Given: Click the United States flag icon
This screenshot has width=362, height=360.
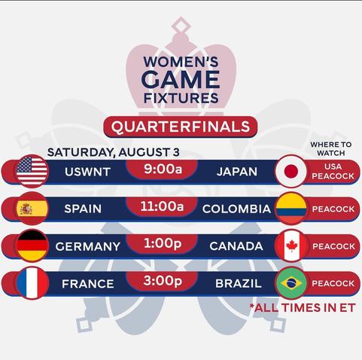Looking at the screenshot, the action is pyautogui.click(x=32, y=171).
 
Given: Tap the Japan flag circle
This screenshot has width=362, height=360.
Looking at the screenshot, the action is pyautogui.click(x=291, y=171).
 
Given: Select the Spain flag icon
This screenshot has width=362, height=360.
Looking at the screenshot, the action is pyautogui.click(x=32, y=209).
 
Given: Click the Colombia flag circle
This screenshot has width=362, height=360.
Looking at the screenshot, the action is pyautogui.click(x=291, y=209).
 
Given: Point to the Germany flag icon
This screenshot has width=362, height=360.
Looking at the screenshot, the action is pyautogui.click(x=32, y=246).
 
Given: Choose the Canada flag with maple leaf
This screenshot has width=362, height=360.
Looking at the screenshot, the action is pyautogui.click(x=291, y=246).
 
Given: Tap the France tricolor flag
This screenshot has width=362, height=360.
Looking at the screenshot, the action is pyautogui.click(x=32, y=283).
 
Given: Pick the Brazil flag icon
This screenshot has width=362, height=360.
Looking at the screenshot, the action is pyautogui.click(x=291, y=283).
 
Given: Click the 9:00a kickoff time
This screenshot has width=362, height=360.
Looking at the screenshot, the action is pyautogui.click(x=163, y=169).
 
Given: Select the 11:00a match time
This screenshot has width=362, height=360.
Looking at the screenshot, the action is pyautogui.click(x=162, y=206).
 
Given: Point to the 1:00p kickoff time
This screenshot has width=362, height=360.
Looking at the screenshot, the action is pyautogui.click(x=163, y=243).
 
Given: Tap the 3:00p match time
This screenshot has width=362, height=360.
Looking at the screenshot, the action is pyautogui.click(x=163, y=281).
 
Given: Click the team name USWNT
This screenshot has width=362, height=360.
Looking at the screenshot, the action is pyautogui.click(x=87, y=172).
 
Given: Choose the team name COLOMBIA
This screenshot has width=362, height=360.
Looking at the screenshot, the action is pyautogui.click(x=236, y=209).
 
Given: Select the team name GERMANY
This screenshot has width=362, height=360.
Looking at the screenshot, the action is pyautogui.click(x=88, y=246).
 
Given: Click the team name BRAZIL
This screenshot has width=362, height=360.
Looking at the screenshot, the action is pyautogui.click(x=239, y=283).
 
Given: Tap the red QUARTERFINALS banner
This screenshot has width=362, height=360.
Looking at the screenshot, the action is pyautogui.click(x=181, y=127).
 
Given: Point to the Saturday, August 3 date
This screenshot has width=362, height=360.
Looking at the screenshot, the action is pyautogui.click(x=114, y=152).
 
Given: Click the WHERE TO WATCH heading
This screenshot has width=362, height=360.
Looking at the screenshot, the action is pyautogui.click(x=331, y=148).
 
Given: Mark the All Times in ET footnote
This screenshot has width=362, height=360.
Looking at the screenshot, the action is pyautogui.click(x=303, y=307).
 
